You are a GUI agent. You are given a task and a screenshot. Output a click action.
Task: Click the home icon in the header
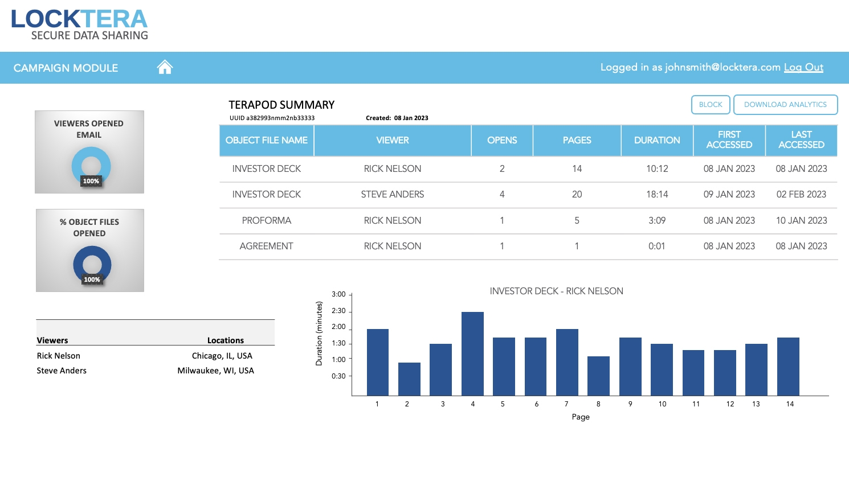[x=165, y=67]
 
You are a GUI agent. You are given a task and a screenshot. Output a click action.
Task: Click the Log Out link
[x=803, y=67]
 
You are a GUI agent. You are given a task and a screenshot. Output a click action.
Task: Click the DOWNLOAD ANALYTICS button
[x=785, y=105]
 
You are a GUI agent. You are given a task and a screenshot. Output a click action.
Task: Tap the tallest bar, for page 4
[x=472, y=353]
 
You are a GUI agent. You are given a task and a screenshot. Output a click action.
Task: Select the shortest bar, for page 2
[x=409, y=379]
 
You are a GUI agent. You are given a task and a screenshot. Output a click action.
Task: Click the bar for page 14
[x=788, y=366]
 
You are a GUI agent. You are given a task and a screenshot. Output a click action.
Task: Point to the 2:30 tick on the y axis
[x=338, y=311]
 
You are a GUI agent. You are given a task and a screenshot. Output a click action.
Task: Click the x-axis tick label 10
[x=662, y=404]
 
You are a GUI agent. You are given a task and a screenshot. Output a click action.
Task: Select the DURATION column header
[x=656, y=140]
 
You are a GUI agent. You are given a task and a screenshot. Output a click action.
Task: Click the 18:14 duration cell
[x=656, y=195]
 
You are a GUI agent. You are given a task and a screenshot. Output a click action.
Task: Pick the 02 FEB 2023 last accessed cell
[x=801, y=195]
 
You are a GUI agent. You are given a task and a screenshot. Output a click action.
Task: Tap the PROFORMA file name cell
[x=266, y=221]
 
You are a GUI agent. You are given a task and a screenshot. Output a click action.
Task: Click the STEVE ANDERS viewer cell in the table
[x=392, y=195]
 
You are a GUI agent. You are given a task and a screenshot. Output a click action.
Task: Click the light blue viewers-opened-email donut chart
[x=91, y=166]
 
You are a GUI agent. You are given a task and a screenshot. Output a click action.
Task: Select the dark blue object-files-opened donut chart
[x=92, y=265]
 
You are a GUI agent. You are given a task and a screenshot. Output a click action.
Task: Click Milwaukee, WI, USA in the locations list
[x=215, y=371]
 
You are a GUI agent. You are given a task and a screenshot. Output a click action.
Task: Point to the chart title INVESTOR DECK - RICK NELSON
[x=556, y=291]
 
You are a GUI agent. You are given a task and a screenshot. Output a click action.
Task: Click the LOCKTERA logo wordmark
[x=79, y=19]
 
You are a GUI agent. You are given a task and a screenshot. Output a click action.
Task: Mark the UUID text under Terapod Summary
[x=272, y=118]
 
